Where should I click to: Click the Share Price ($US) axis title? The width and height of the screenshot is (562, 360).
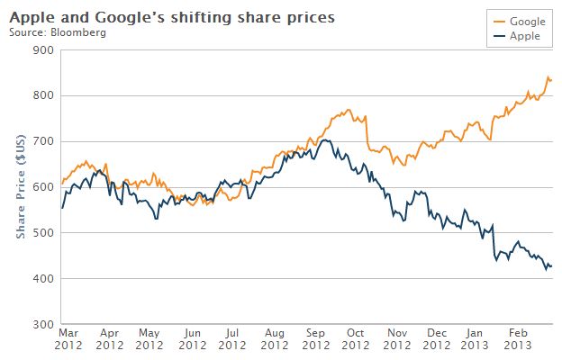click(19, 187)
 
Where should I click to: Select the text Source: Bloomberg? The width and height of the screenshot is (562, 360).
click(58, 32)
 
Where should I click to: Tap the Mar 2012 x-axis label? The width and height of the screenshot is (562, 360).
click(69, 337)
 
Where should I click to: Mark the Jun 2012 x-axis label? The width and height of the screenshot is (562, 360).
click(192, 337)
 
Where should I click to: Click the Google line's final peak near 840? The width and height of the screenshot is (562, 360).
click(548, 77)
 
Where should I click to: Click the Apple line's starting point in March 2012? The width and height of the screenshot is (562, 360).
click(61, 208)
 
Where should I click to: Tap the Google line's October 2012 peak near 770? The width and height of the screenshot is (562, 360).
click(348, 110)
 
